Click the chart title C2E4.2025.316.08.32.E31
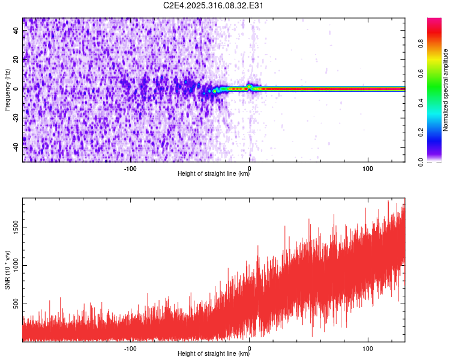pos(214,5)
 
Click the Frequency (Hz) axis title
pos(7,89)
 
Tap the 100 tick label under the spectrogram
pos(368,167)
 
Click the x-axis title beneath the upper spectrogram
pos(214,173)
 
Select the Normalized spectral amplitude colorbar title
pos(446,89)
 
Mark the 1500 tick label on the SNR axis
pos(13,227)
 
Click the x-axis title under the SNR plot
pos(214,353)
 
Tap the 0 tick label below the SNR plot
pos(250,347)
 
